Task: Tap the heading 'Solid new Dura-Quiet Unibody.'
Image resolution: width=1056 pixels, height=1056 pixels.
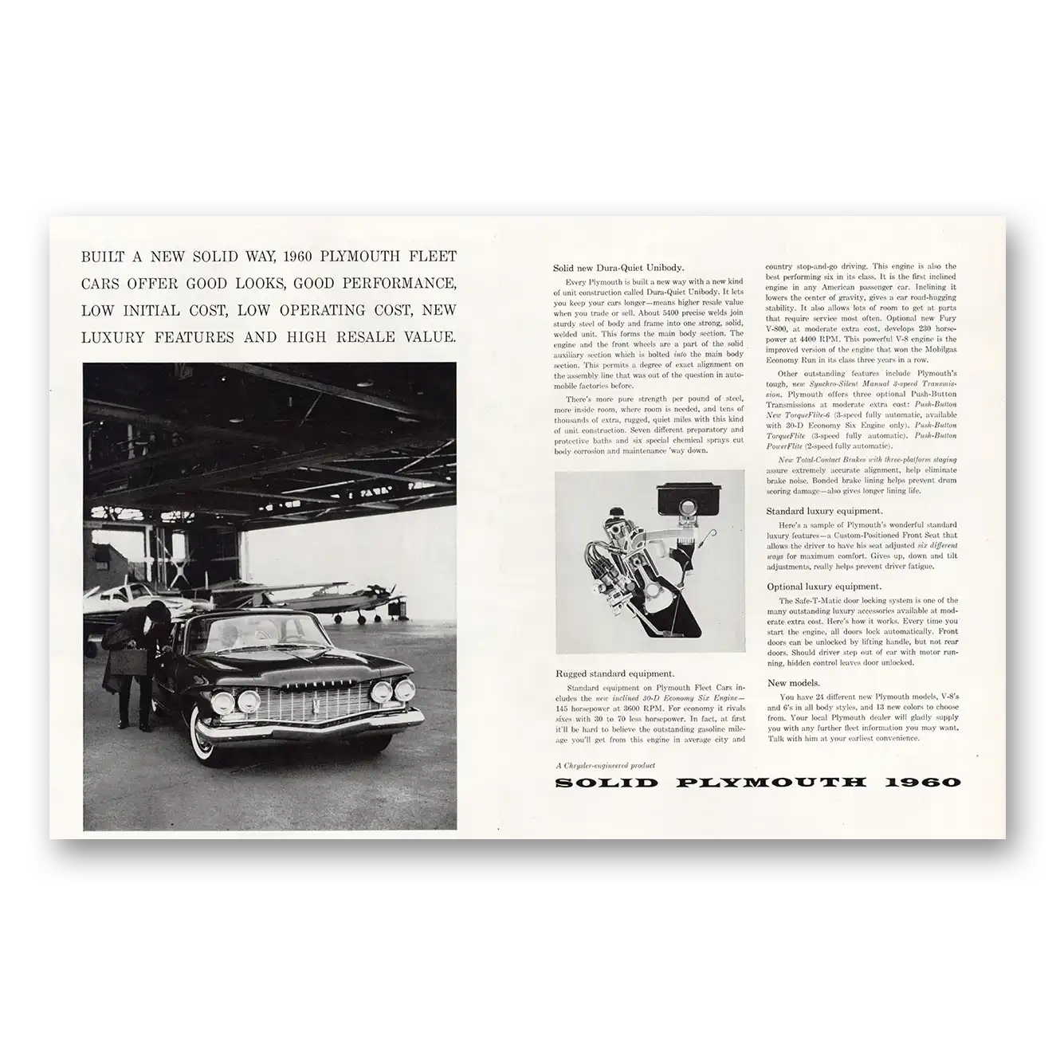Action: click(x=618, y=268)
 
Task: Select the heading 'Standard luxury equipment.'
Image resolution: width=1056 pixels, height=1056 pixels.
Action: click(x=824, y=511)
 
